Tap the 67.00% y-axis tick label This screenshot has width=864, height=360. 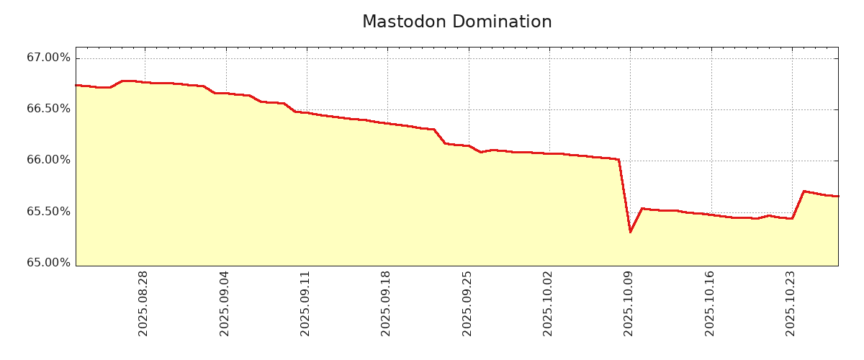click(x=49, y=58)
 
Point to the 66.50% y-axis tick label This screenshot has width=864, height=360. click(x=49, y=109)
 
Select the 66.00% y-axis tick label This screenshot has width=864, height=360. click(x=49, y=160)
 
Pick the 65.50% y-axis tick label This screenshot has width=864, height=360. click(x=49, y=212)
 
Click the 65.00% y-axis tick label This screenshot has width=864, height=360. click(x=49, y=263)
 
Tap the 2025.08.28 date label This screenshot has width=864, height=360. click(x=143, y=303)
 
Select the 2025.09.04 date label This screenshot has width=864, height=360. click(x=225, y=303)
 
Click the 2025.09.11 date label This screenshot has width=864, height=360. click(x=305, y=303)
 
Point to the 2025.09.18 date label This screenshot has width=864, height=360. click(x=386, y=303)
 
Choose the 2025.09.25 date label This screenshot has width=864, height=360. click(x=467, y=303)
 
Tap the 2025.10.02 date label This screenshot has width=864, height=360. click(x=548, y=303)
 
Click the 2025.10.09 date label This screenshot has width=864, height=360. click(x=629, y=303)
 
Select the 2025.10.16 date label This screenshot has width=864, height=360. click(x=710, y=303)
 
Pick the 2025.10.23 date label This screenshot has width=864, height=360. click(x=791, y=303)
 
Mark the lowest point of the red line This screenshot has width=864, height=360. click(x=630, y=232)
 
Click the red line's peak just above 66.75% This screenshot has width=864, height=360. click(x=123, y=81)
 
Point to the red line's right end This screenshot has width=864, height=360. click(x=838, y=196)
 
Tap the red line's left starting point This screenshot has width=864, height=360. click(x=76, y=85)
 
